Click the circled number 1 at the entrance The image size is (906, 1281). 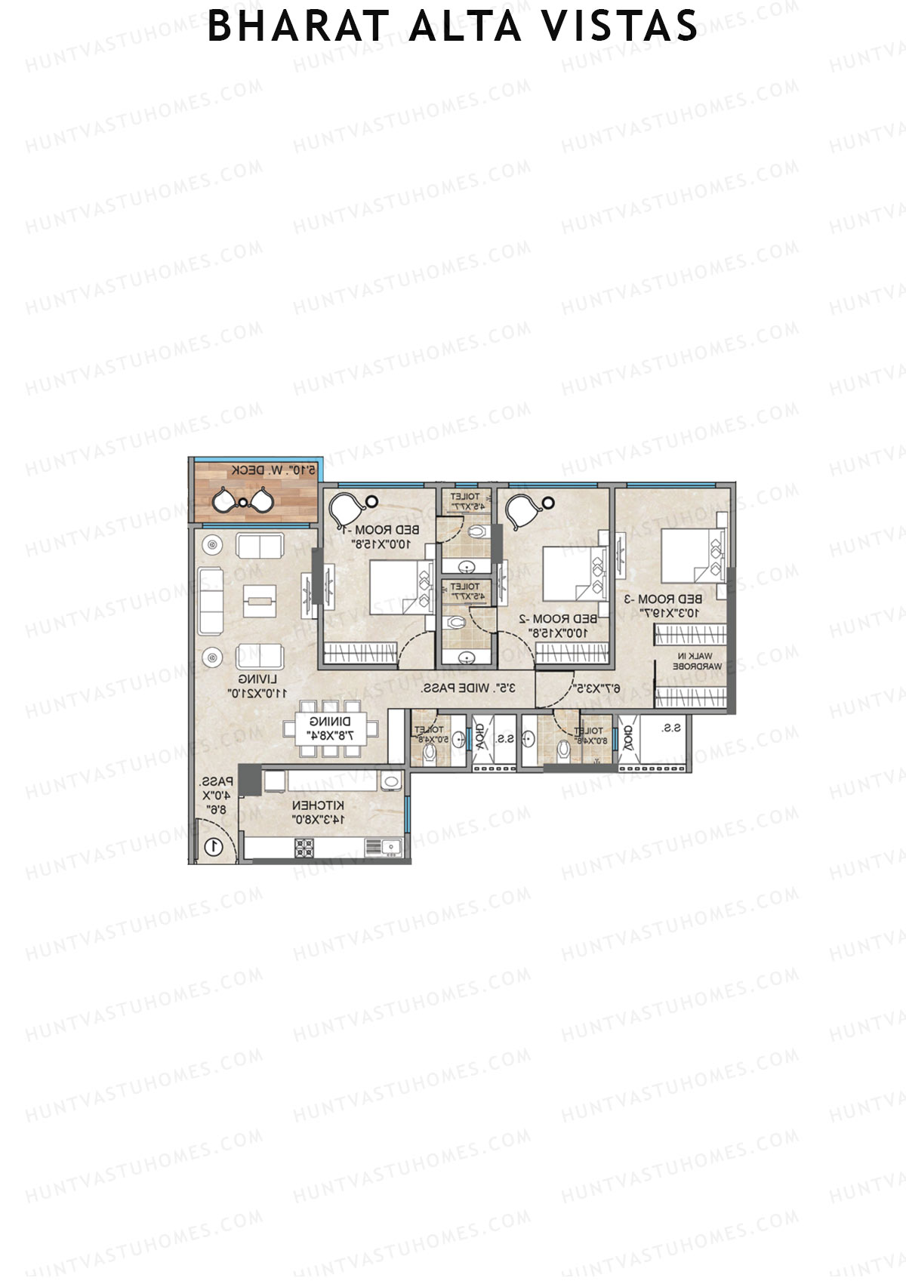coord(214,846)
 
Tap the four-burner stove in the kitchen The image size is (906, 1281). coord(304,848)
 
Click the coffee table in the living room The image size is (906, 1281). coord(260,601)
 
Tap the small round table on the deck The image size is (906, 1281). coord(242,502)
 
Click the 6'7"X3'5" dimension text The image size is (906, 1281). coord(596,688)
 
